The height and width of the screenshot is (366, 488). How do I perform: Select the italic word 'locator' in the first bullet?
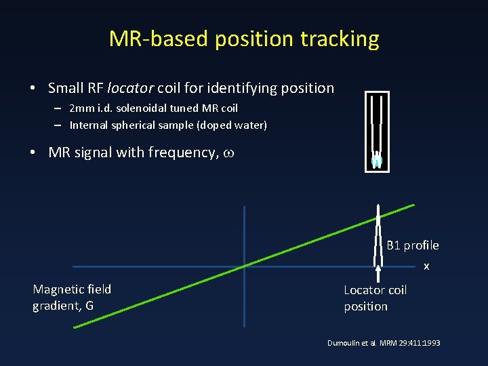(130, 88)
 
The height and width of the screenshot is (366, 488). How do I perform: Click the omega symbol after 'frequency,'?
(229, 153)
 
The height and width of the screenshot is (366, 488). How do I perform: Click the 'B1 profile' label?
(412, 245)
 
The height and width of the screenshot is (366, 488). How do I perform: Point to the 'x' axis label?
(426, 266)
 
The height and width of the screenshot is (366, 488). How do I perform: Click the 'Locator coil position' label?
(375, 298)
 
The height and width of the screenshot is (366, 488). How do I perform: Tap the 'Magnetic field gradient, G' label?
(72, 298)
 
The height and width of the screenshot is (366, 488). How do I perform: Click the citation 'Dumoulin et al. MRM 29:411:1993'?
(384, 343)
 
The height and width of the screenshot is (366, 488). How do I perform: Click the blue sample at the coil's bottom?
(377, 161)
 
